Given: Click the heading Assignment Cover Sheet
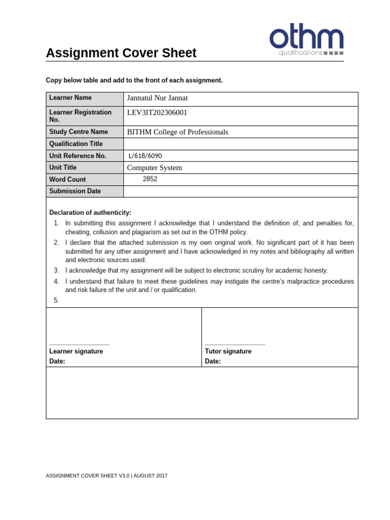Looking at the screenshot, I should [x=121, y=53].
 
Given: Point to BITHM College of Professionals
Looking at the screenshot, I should [x=177, y=132].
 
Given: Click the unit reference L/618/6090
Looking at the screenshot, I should [x=146, y=156].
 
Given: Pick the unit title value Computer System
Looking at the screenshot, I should [x=154, y=168].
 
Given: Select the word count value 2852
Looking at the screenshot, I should [x=150, y=179].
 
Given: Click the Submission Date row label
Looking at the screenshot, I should [x=75, y=191].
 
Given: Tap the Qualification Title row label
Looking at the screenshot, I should [x=76, y=144].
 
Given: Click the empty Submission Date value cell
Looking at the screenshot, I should [x=240, y=191].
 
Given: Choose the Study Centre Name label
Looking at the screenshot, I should [x=79, y=132].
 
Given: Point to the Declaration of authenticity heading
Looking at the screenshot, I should [x=90, y=212].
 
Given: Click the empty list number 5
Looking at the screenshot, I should [x=56, y=300].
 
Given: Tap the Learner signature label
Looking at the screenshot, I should [x=76, y=351].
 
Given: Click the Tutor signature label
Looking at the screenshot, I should [x=228, y=351].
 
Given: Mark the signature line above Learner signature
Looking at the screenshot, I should [x=79, y=345].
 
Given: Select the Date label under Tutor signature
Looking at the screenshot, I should [x=213, y=362].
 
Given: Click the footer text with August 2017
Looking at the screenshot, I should [x=107, y=476].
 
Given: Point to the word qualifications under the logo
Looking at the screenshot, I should [x=301, y=52].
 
